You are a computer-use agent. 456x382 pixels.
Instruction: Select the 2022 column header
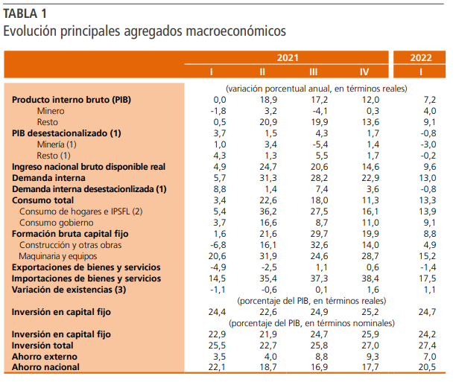pyautogui.click(x=422, y=57)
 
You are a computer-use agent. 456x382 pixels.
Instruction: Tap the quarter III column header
pyautogui.click(x=314, y=71)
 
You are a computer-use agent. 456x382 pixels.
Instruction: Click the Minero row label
pyautogui.click(x=51, y=110)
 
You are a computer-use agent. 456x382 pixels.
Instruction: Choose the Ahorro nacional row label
pyautogui.click(x=45, y=367)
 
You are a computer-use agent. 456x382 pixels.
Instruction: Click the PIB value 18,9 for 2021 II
pyautogui.click(x=267, y=99)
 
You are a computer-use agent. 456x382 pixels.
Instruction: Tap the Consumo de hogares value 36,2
pyautogui.click(x=267, y=211)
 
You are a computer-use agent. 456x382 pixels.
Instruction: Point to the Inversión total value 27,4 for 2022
pyautogui.click(x=425, y=346)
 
